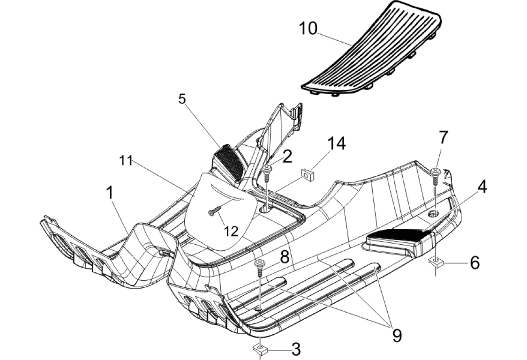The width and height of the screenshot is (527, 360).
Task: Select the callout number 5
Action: (x=182, y=99)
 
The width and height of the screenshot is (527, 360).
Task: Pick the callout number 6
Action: (x=474, y=263)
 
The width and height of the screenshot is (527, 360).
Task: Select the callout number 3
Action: (x=296, y=349)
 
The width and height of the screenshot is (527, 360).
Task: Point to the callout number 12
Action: (x=231, y=231)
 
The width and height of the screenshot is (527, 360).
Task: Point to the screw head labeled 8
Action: (x=259, y=263)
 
